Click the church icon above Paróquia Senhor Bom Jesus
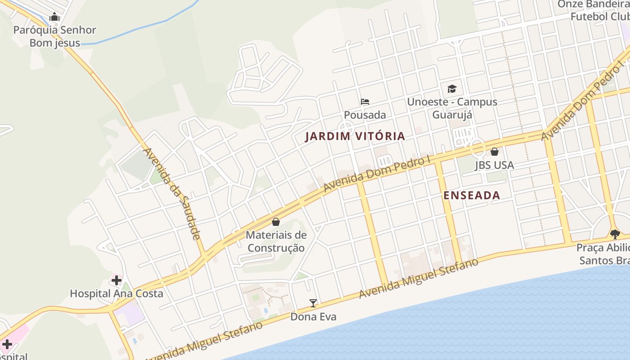coord(55,18)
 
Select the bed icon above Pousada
coord(365,102)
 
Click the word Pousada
coord(365,115)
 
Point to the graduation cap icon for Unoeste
coord(452,89)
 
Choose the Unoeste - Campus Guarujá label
coord(452,108)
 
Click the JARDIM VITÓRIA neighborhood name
coord(355,136)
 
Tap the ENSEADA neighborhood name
coord(472,195)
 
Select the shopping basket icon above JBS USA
coord(494,152)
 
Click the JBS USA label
coord(494,165)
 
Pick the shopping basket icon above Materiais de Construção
coord(276,222)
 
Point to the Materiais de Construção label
coord(276,242)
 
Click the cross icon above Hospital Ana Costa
coord(117,280)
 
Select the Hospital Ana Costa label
coord(117,294)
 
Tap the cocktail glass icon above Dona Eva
coord(313,303)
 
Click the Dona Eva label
coord(313,317)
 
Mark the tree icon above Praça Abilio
coord(615,234)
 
